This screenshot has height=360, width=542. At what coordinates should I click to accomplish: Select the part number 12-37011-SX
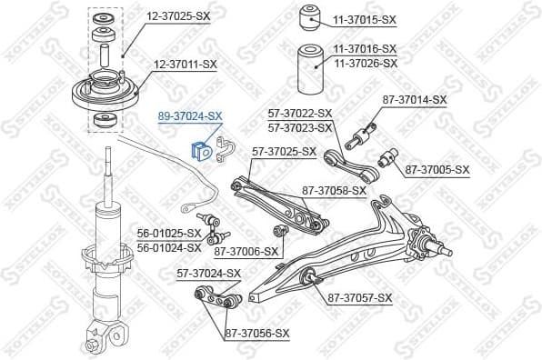tap(186, 65)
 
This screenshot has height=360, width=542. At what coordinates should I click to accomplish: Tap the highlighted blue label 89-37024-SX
tap(190, 116)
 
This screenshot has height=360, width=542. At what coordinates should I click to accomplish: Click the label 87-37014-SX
tap(415, 99)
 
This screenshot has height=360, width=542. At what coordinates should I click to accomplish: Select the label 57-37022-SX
tap(300, 114)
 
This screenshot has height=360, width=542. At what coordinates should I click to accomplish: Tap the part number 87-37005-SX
tap(437, 169)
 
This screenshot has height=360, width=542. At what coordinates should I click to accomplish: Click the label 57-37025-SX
tap(284, 151)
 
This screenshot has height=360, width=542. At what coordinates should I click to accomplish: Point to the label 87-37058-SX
tap(334, 190)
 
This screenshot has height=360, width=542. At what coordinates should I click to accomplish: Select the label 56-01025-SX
tap(169, 233)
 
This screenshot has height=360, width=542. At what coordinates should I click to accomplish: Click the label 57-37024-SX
tap(208, 272)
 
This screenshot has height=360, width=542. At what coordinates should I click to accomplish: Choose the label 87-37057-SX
tap(359, 297)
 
